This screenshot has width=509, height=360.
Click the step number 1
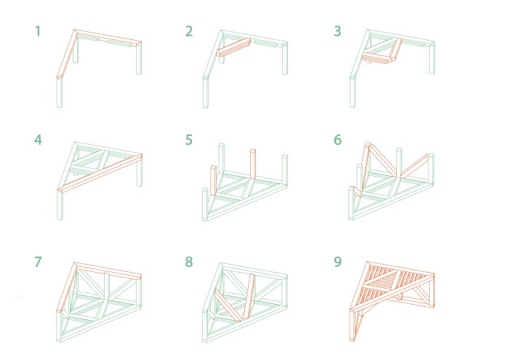coord(38,31)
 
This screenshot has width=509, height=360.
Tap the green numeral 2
coord(189,31)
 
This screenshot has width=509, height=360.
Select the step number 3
coord(337,31)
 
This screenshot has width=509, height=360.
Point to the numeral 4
coord(38,140)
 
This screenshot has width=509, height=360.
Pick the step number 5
coord(189,140)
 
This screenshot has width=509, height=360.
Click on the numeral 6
coord(337,140)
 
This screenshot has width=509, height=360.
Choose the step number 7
coord(38,261)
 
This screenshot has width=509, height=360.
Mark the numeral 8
coord(189,261)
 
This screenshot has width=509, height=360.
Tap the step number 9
coord(337,261)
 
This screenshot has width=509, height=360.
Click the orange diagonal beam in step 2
coord(233,47)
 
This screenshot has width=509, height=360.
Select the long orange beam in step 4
coord(100,173)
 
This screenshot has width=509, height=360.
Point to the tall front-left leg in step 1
coord(60,92)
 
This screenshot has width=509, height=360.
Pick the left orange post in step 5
coord(213,180)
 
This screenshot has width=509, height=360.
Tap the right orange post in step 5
coord(253,164)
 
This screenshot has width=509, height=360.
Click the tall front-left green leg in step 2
coord(206,92)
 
